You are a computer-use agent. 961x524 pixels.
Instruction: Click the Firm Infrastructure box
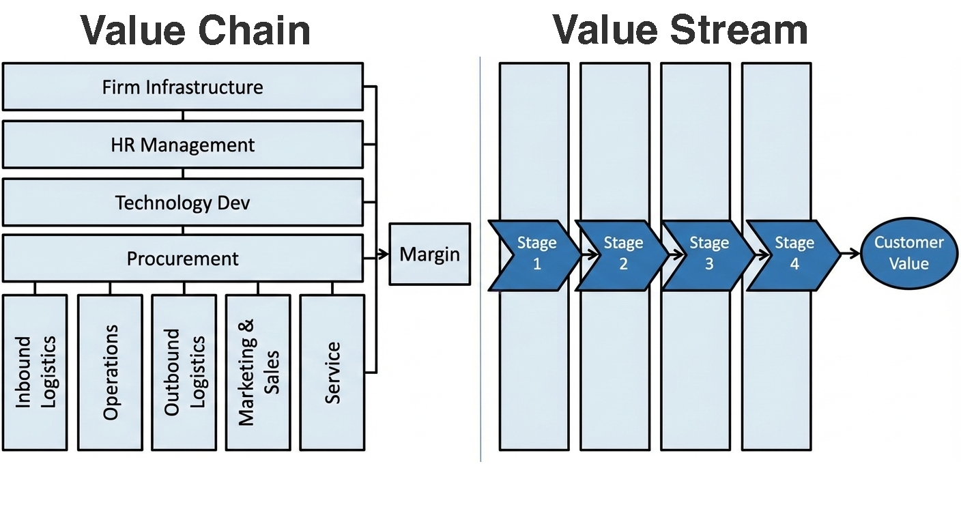pos(182,87)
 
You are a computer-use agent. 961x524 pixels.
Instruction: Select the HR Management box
pos(182,145)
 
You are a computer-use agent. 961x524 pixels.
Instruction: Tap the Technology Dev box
pos(182,203)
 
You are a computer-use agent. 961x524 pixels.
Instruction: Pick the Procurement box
pos(182,259)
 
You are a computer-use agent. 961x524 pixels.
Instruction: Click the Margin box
pos(429,254)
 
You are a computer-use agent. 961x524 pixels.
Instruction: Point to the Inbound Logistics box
pos(35,373)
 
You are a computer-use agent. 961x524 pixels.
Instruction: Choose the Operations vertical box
pos(110,373)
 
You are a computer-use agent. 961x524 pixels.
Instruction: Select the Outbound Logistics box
pos(184,373)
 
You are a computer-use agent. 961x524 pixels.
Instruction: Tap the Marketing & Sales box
pos(258,373)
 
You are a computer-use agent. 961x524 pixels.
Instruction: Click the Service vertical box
pos(332,373)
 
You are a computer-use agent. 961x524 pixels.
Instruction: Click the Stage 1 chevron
pos(535,254)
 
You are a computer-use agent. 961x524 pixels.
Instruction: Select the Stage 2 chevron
pos(622,254)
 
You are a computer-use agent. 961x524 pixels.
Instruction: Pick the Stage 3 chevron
pos(708,254)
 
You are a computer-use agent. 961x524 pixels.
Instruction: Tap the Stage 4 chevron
pos(794,254)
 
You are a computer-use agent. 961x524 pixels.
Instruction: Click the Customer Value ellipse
pos(908,253)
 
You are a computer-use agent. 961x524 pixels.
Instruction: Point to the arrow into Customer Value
pos(850,254)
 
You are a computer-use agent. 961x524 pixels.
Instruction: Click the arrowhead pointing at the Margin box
pos(384,255)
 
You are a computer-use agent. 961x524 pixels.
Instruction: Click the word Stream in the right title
pos(740,31)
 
